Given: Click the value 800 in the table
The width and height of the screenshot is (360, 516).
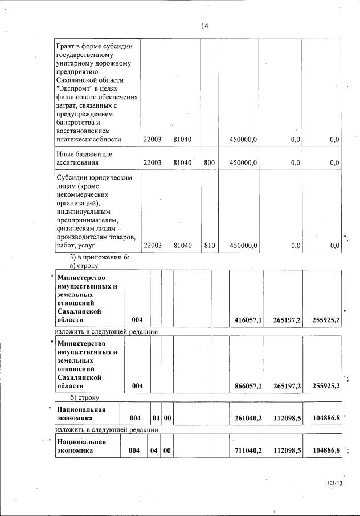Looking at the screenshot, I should coord(209,162).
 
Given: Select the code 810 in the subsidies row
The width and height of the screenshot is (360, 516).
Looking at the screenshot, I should coord(209,246).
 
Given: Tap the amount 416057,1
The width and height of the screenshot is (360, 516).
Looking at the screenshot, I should coord(248,320).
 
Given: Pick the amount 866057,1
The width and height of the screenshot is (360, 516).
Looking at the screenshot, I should coord(248,387).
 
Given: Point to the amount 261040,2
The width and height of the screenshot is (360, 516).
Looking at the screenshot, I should coord(248,419).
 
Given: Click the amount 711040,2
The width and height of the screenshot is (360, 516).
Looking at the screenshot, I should coord(248,451).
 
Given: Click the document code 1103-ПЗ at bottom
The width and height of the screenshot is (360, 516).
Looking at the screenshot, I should coord(334,483).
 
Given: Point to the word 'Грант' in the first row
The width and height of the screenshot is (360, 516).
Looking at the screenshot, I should coord(66,46).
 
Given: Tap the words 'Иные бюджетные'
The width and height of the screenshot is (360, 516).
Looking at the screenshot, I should coord(84,154).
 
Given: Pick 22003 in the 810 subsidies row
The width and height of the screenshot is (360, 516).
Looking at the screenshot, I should coord(152,246).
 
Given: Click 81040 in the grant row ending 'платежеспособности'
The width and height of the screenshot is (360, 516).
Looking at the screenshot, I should coord(183,139).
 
